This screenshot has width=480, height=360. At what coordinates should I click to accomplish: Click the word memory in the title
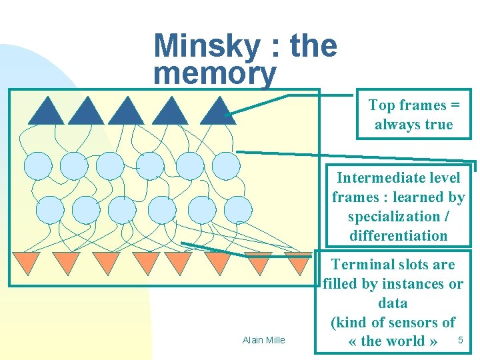(x=214, y=75)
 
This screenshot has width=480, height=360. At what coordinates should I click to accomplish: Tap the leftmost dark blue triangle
(x=46, y=113)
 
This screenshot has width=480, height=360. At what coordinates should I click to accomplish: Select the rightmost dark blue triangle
(x=218, y=113)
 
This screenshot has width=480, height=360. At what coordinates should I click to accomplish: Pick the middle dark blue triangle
(x=126, y=113)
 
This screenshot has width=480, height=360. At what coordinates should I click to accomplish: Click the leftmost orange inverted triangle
(x=26, y=262)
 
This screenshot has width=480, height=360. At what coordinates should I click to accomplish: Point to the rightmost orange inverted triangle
(x=297, y=262)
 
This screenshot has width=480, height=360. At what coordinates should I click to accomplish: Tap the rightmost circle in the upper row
(x=225, y=165)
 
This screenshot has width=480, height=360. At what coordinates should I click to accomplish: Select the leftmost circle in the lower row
(x=49, y=210)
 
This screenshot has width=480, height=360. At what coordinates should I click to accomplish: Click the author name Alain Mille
(x=263, y=340)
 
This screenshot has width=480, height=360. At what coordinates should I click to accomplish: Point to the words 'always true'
(x=413, y=125)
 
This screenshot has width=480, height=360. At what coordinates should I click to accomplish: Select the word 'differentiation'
(x=398, y=235)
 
